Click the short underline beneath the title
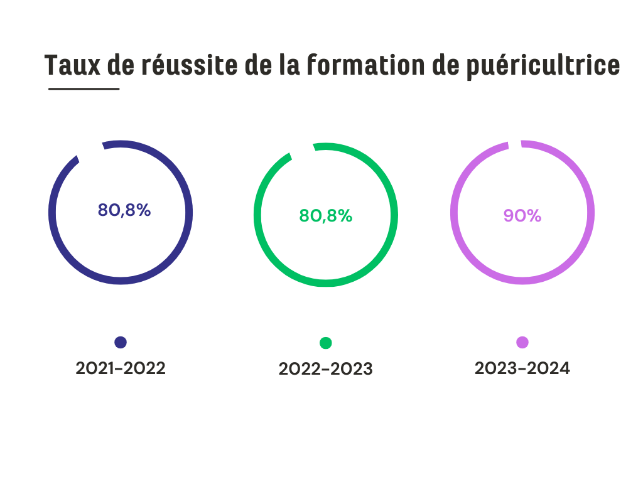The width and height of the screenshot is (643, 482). [x=84, y=88]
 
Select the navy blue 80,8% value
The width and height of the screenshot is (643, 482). [x=124, y=210]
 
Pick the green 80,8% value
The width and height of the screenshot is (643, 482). [x=325, y=216]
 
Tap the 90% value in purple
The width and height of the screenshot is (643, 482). [x=522, y=215]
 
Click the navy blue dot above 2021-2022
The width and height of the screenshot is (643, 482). [x=121, y=342]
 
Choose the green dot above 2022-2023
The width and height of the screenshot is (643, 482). [x=325, y=343]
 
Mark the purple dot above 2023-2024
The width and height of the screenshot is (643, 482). [x=522, y=342]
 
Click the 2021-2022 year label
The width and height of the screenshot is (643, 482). [x=121, y=368]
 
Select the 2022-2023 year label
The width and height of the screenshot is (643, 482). [x=325, y=369]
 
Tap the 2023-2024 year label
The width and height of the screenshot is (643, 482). [x=522, y=368]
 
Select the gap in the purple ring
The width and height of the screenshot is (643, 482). [x=514, y=144]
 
